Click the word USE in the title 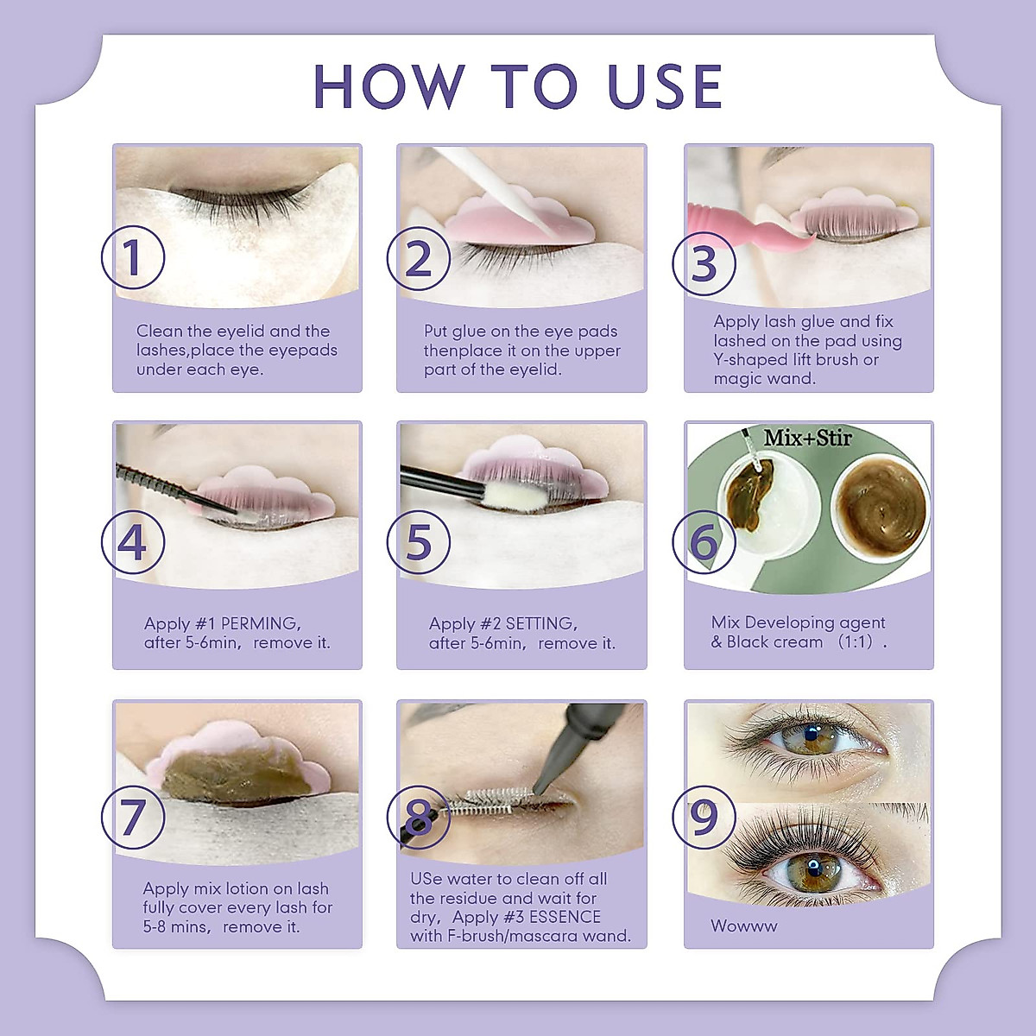(x=666, y=86)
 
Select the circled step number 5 (x=419, y=541)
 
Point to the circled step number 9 (x=704, y=818)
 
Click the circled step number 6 (x=704, y=541)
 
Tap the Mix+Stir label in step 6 (x=807, y=438)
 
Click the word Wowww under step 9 (x=744, y=925)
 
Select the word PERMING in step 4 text (x=261, y=623)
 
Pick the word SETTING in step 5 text (x=542, y=623)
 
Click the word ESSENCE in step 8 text (x=565, y=917)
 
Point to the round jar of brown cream (x=880, y=509)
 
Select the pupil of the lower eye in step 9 (x=813, y=865)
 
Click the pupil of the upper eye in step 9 (x=810, y=735)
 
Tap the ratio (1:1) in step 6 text (x=856, y=641)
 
